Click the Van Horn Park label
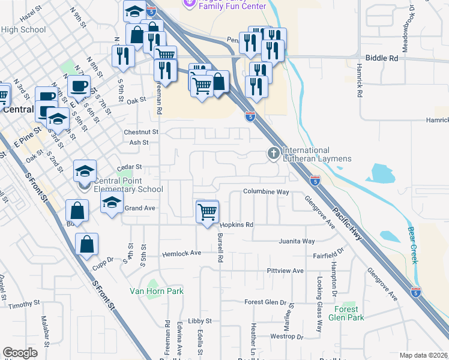point(157,291)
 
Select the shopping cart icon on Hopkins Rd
point(207,211)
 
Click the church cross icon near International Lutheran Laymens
point(273,154)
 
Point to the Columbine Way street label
point(266,192)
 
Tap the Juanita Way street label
point(297,241)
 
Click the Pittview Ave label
point(285,271)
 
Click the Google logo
point(20,353)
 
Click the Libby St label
point(200,321)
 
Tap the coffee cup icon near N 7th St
point(79,86)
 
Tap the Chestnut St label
point(140,131)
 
